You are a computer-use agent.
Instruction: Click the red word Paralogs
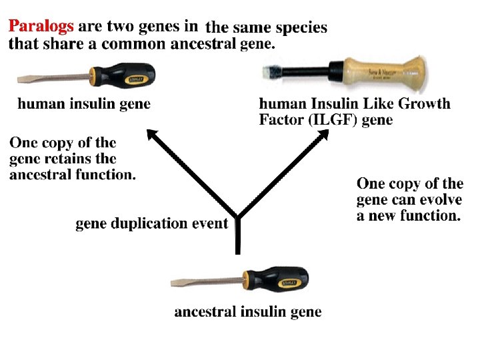click(41, 28)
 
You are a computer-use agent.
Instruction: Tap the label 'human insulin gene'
click(83, 104)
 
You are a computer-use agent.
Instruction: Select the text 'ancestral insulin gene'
click(247, 312)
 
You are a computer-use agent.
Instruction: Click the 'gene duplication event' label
click(151, 223)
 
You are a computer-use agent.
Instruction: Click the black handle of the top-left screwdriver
click(127, 75)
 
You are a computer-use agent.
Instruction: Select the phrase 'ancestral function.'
click(73, 175)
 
